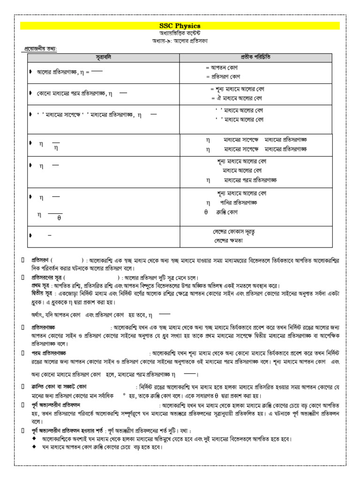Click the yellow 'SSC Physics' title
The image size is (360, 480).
point(180,26)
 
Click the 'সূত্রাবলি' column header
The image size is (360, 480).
point(103,57)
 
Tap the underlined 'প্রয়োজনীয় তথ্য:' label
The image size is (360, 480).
point(44,49)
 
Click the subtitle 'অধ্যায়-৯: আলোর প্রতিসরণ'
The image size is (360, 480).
point(180,41)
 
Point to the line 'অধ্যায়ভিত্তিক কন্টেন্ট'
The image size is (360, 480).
point(180,34)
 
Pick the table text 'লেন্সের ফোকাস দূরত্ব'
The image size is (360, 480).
point(234,232)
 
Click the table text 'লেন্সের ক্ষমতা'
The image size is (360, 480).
point(229,241)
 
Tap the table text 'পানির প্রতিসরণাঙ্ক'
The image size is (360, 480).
point(239,202)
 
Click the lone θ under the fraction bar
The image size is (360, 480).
point(60,218)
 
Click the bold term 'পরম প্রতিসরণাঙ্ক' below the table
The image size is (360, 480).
point(49,352)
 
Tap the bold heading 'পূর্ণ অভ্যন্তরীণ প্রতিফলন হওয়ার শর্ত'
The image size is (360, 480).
point(68,430)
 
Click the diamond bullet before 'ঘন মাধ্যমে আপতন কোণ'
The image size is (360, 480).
point(34,447)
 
